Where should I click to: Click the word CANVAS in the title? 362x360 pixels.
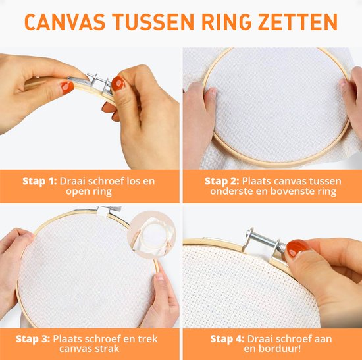click(x=65, y=22)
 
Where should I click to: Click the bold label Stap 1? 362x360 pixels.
click(x=39, y=181)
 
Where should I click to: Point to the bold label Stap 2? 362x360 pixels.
click(x=222, y=181)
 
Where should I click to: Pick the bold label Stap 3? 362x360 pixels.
click(x=33, y=339)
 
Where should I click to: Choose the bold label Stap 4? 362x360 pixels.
click(x=227, y=339)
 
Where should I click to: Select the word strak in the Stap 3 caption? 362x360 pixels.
click(x=107, y=349)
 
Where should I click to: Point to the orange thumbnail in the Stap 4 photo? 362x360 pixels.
click(x=297, y=247)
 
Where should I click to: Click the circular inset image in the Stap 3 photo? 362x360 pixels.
click(x=151, y=234)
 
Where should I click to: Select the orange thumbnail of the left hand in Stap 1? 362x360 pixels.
click(x=67, y=88)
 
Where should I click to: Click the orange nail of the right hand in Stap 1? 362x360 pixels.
click(x=118, y=84)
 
